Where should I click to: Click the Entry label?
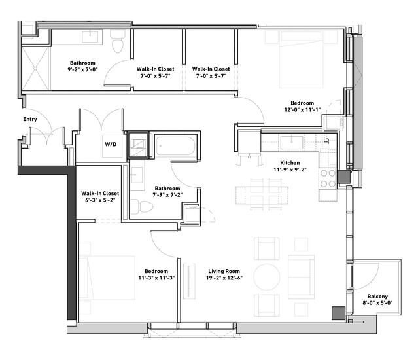click(30, 119)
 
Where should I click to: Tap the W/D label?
click(111, 144)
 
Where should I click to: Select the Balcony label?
click(377, 296)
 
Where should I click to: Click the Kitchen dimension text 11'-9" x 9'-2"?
click(290, 170)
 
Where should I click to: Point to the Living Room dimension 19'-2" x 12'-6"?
click(224, 278)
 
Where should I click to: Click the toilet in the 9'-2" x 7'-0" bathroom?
click(118, 41)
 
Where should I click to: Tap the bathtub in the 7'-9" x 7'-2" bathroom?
click(175, 146)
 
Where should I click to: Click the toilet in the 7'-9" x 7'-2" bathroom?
click(142, 207)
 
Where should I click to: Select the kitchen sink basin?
click(292, 143)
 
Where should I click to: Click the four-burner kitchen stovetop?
click(328, 178)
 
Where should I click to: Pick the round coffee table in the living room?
click(267, 277)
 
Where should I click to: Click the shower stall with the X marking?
click(35, 69)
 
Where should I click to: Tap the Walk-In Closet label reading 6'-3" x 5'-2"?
click(100, 196)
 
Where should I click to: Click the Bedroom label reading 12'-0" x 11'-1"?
click(302, 106)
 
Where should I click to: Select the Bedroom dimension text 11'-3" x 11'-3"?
click(156, 278)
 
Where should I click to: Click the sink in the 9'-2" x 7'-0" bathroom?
click(92, 37)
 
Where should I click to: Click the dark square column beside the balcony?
click(339, 314)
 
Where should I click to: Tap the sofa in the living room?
click(301, 277)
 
